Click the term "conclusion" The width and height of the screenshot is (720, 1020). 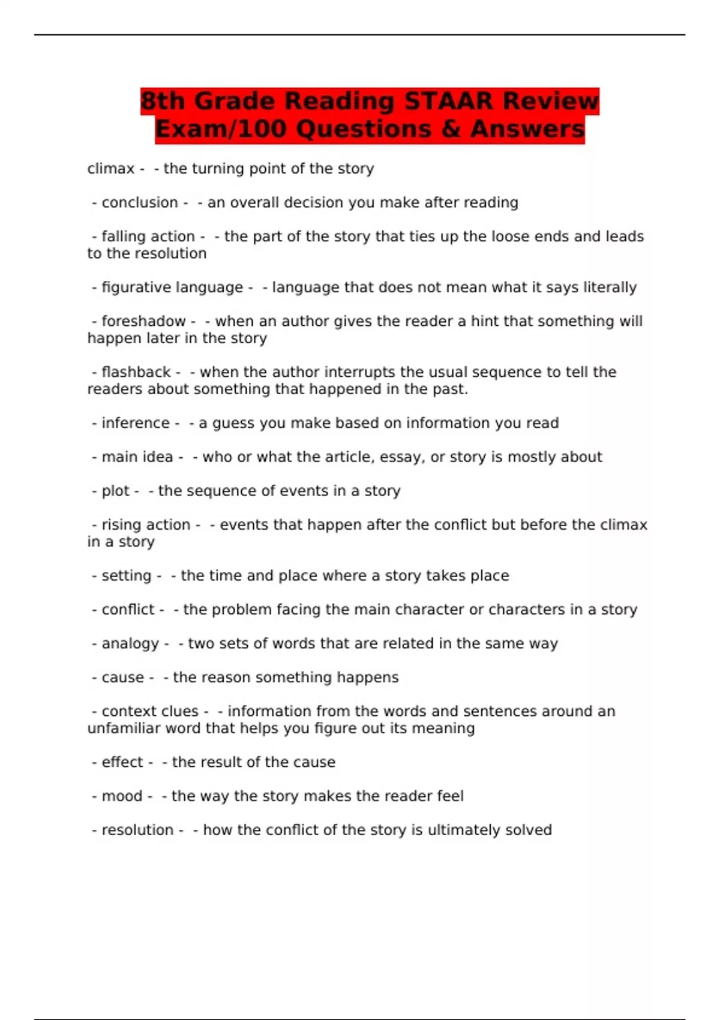click(140, 203)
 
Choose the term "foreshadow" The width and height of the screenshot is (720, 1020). click(143, 322)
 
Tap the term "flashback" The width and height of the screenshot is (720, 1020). click(136, 372)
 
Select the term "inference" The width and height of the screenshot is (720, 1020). click(136, 423)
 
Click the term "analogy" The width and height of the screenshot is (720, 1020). click(130, 644)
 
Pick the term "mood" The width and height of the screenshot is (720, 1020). click(122, 796)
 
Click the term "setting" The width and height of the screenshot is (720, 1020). click(126, 576)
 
